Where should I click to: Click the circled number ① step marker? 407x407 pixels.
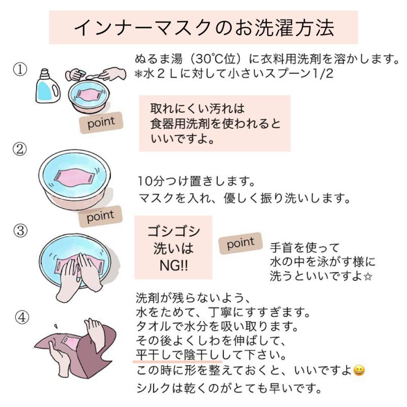coord(20,70)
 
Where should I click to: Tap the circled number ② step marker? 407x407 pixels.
coord(20,149)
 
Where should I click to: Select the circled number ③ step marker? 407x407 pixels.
coord(20,231)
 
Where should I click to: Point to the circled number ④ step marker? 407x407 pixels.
coord(22,317)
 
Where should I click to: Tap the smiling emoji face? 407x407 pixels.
coord(359,370)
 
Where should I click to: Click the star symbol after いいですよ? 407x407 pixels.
coord(368,277)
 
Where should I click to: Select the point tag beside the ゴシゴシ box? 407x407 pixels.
coord(241,243)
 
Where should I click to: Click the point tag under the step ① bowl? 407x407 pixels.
coord(101,123)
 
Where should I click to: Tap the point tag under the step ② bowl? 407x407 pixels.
coord(100,216)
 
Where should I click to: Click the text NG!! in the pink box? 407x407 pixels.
coord(173,265)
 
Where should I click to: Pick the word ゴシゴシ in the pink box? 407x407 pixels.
coord(173,231)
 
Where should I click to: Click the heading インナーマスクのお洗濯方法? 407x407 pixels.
coord(204,27)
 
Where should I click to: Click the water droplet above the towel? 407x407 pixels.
coord(55,326)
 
